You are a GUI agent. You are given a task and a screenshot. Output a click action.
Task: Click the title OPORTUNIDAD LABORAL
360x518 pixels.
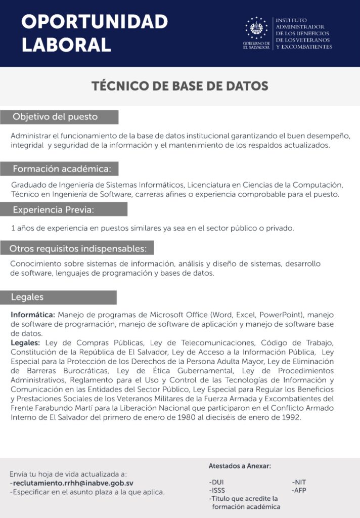click(94, 33)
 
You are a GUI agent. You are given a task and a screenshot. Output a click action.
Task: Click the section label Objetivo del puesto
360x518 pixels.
click(55, 117)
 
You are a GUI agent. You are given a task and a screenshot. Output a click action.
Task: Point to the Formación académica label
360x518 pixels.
click(65, 168)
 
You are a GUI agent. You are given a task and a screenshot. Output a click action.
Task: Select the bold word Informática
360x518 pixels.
click(34, 314)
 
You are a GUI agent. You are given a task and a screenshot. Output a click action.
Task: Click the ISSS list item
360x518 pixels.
click(217, 490)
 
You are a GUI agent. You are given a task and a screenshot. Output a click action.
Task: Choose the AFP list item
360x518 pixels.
click(299, 490)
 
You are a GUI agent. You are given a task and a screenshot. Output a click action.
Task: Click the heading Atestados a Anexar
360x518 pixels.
click(240, 466)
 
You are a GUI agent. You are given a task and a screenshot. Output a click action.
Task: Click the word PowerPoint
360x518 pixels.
click(281, 314)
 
